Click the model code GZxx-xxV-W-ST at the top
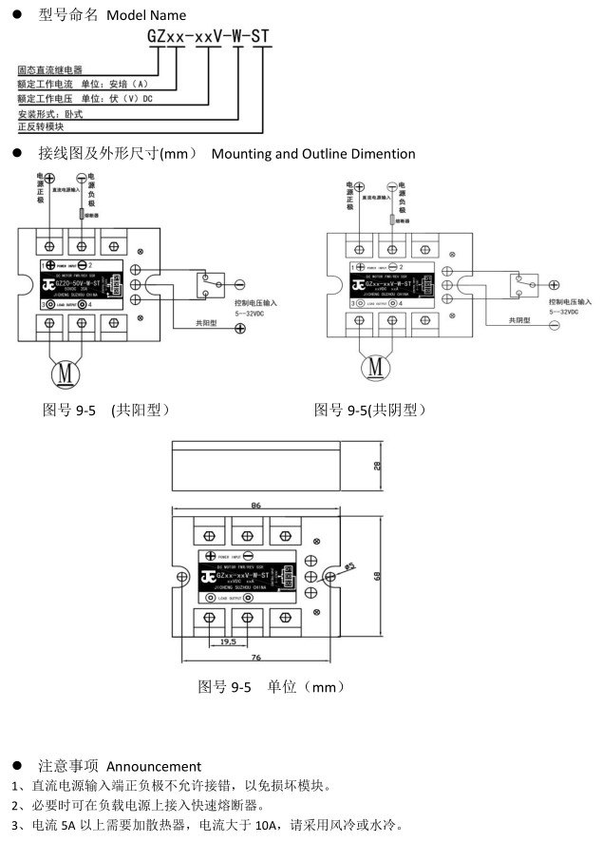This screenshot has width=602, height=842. [209, 37]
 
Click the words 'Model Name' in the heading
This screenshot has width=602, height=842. [146, 15]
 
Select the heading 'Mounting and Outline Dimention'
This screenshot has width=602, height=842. [313, 153]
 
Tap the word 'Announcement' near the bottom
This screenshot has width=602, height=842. [154, 766]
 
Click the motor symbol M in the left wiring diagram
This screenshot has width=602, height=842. [66, 373]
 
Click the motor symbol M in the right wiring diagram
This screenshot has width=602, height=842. [374, 366]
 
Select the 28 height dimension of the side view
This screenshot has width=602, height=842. [376, 466]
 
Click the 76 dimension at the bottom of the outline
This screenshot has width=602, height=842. [256, 658]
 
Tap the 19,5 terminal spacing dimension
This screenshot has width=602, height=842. [228, 641]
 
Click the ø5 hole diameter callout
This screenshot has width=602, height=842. [348, 566]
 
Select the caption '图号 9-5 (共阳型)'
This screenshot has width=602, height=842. [106, 410]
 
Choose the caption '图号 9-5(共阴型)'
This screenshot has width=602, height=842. [370, 410]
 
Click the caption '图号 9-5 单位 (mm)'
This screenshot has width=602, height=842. [271, 686]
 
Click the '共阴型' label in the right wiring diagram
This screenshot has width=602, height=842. [521, 321]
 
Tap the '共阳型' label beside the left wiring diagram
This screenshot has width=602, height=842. [207, 323]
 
